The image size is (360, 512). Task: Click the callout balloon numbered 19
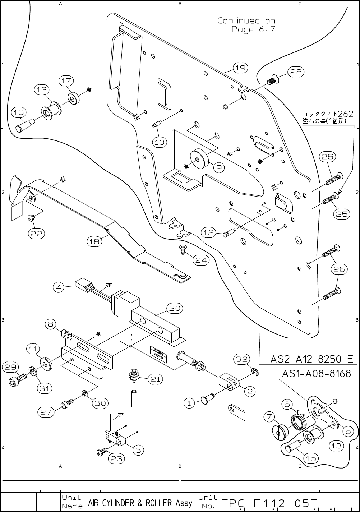coord(240,68)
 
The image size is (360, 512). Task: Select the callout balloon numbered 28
coord(296,72)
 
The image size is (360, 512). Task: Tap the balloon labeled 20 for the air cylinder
coord(175,308)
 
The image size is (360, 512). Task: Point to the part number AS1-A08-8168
coord(317,374)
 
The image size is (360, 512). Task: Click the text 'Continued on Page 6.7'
coord(246,25)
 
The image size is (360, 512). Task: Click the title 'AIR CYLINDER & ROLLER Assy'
coord(140,503)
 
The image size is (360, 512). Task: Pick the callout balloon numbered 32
coord(241,359)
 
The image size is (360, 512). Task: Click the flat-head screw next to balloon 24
coord(183,249)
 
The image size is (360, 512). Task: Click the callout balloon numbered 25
coord(341,214)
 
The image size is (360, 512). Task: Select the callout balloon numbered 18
coord(94,241)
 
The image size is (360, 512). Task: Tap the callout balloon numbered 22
coord(36,233)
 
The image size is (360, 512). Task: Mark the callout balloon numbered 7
coord(269,417)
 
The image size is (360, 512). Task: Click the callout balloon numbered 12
coord(209,232)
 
